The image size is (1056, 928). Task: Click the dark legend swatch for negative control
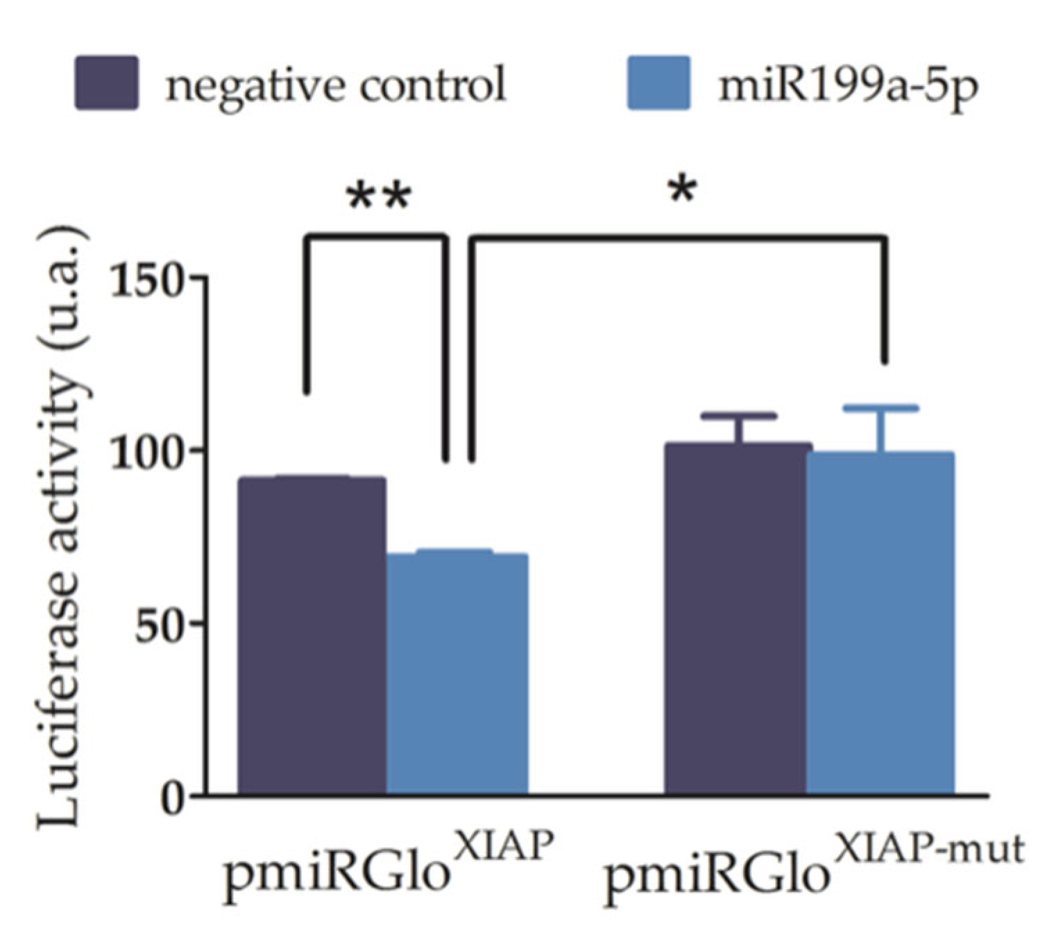[106, 83]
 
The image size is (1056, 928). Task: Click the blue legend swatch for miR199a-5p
[658, 83]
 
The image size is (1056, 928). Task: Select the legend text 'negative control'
[335, 85]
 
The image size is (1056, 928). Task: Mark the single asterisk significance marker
[682, 189]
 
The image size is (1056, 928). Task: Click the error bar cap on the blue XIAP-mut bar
[881, 408]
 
